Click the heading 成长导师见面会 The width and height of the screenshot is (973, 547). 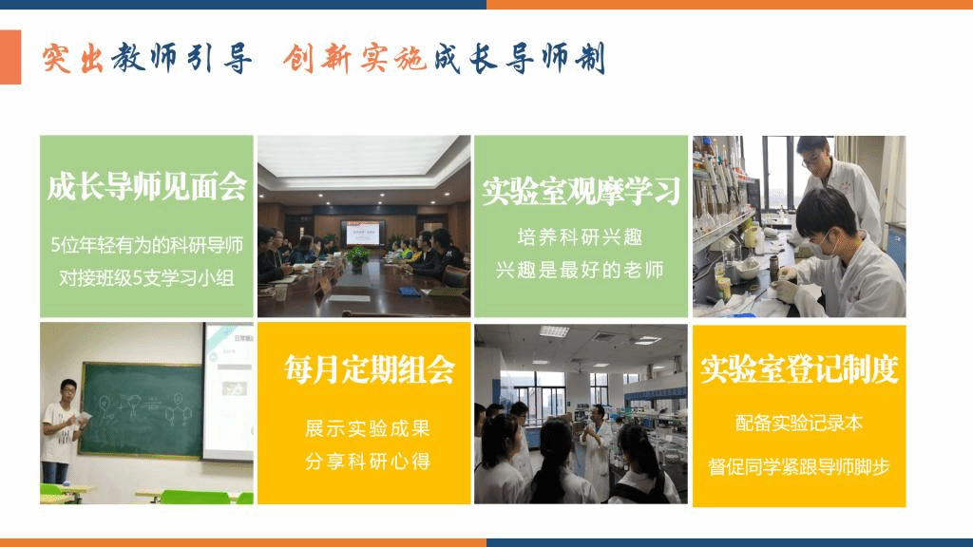(147, 186)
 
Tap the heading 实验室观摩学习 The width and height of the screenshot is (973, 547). (582, 190)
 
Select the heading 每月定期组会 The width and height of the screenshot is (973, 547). (370, 369)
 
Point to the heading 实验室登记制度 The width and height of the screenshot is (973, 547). (799, 369)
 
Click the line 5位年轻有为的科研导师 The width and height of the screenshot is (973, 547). (147, 246)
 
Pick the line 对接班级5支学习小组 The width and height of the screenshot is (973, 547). (147, 278)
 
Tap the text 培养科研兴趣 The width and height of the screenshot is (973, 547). (581, 236)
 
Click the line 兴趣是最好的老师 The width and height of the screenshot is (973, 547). (581, 270)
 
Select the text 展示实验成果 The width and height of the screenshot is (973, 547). (368, 428)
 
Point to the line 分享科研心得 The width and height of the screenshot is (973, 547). (368, 461)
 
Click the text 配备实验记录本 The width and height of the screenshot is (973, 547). (799, 423)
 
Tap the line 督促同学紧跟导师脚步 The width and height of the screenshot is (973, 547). (799, 466)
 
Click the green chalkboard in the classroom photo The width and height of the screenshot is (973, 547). (143, 409)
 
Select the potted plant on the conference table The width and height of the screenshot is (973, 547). (358, 258)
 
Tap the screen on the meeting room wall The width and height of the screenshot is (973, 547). (363, 234)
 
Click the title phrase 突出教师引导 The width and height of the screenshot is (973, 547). (147, 59)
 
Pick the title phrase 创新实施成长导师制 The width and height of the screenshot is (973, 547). (445, 59)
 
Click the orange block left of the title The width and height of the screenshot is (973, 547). (10, 57)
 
